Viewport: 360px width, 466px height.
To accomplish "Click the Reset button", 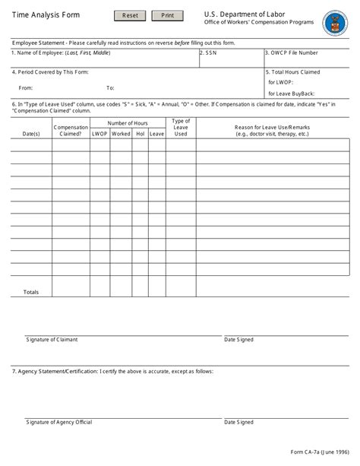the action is coord(130,15).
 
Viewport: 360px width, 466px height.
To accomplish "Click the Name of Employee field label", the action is coord(61,53).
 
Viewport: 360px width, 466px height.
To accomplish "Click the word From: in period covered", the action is coord(26,88).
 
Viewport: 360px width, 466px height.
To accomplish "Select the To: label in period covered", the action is coord(110,88).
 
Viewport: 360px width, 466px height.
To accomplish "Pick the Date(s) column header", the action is coord(31,134).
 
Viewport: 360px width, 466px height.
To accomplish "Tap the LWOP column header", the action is coord(99,134).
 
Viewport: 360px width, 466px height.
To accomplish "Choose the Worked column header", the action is coord(121,134).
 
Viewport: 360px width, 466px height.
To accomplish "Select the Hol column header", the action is coord(140,134).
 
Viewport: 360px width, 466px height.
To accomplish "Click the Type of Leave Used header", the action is coord(181,128).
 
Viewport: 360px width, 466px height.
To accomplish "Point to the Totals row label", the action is coord(31,292).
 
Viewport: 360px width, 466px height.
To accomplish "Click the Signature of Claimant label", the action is coord(52,340).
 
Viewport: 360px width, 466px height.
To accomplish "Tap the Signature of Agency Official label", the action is coord(58,422).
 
